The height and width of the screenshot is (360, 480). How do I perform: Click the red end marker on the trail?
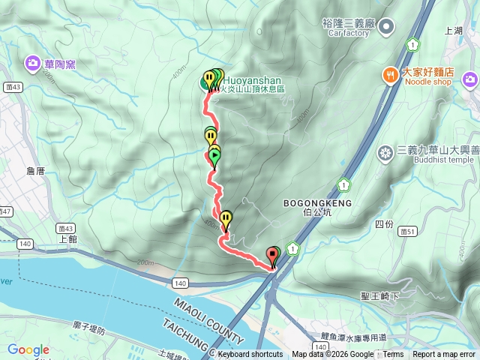point(272,257)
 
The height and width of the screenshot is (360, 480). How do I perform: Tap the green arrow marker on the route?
point(214,156)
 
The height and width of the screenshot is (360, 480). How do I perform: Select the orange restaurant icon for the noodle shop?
point(390,73)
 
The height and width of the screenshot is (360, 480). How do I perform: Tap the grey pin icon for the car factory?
point(386,28)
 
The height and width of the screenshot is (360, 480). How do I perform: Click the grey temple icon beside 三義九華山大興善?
point(385,154)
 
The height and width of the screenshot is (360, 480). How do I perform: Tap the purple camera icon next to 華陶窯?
point(33,62)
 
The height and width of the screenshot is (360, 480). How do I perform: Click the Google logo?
point(28,349)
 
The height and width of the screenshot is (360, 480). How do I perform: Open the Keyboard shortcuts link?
point(250,355)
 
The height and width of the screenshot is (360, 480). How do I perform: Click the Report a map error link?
point(444,355)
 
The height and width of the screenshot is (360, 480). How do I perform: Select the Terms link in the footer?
point(393,355)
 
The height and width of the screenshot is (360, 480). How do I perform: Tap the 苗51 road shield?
point(409,231)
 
